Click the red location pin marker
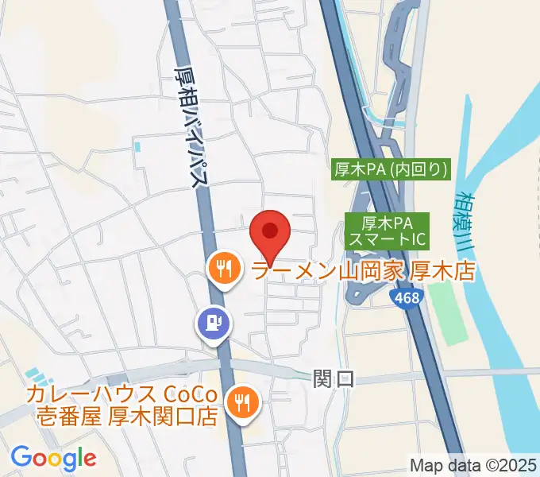click(269, 232)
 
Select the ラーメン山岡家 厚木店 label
click(362, 271)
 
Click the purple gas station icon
click(213, 324)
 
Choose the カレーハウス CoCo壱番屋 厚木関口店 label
click(121, 405)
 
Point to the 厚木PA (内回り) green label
click(390, 169)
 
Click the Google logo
click(53, 458)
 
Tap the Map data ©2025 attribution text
click(473, 464)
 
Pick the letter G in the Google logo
click(21, 457)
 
